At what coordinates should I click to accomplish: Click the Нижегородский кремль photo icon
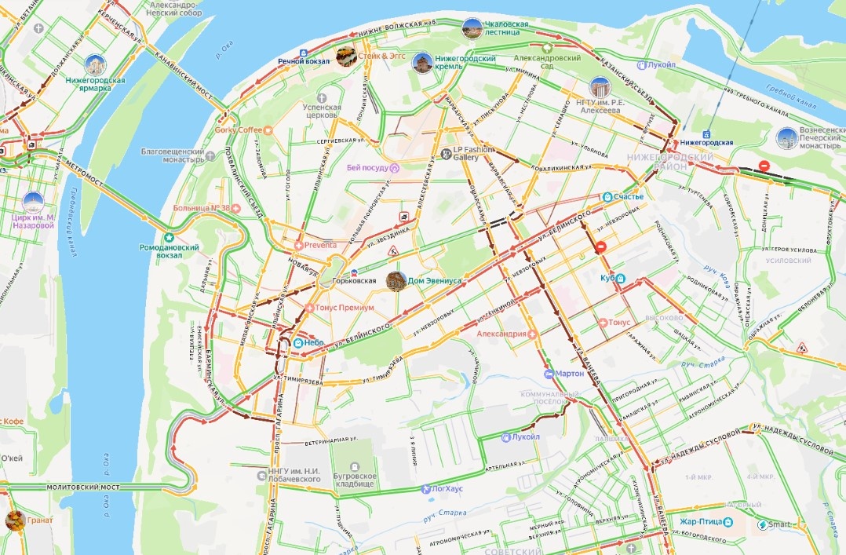click(x=422, y=63)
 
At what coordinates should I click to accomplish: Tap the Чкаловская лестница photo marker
click(x=472, y=28)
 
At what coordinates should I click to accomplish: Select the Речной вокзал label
click(x=305, y=60)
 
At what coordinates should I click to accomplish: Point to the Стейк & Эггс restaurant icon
click(x=345, y=57)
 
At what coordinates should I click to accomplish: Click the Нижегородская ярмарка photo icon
click(x=96, y=65)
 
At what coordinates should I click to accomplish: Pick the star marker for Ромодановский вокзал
click(x=167, y=237)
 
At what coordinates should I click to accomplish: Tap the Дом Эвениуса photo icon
click(x=396, y=280)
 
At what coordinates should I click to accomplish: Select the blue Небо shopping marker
click(x=298, y=343)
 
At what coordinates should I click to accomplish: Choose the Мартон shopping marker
click(x=549, y=373)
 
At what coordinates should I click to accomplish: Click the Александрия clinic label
click(x=501, y=334)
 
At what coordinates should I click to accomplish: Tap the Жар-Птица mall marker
click(x=729, y=521)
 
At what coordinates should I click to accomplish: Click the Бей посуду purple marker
click(x=395, y=167)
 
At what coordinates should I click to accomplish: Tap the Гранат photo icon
click(x=14, y=520)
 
